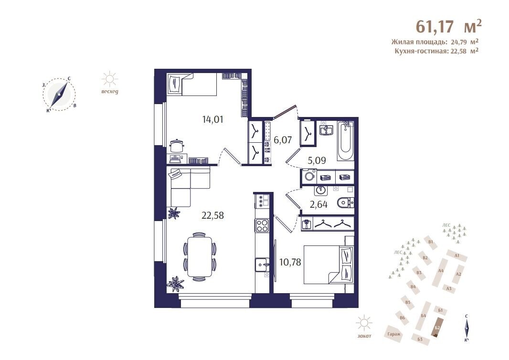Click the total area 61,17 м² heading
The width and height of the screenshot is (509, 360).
tap(449, 26)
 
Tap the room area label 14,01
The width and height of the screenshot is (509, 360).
tap(212, 119)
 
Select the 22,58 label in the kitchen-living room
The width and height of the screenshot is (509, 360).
tap(212, 215)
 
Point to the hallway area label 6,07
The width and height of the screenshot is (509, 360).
tap(283, 140)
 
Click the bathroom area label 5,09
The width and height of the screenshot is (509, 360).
tap(317, 160)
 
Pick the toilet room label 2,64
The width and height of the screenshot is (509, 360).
tap(318, 204)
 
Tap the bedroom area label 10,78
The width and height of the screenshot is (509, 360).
tap(290, 262)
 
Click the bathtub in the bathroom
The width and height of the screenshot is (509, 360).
tap(345, 141)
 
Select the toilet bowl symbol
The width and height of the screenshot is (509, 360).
tap(345, 203)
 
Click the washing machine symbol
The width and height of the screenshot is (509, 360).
tap(310, 177)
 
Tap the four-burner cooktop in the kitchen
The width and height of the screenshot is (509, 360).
tap(262, 225)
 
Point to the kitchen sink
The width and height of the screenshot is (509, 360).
tap(262, 265)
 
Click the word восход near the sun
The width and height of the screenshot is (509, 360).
tap(110, 92)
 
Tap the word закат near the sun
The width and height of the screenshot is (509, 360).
tap(364, 336)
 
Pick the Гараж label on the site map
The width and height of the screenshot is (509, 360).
tap(394, 334)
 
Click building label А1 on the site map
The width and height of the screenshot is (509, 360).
tap(457, 255)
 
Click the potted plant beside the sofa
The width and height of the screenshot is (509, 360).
tap(174, 213)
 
